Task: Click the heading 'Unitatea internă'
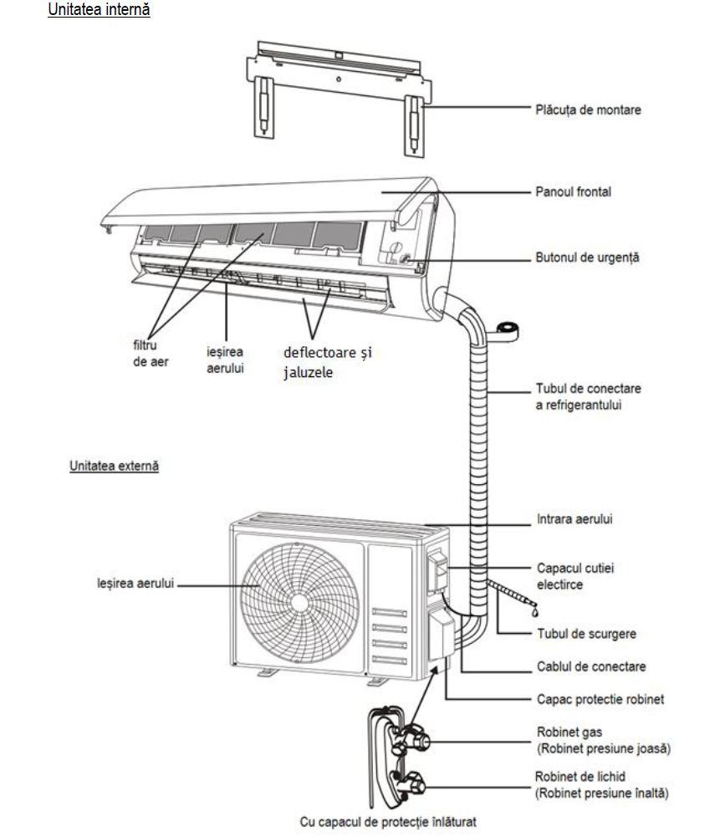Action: [100, 12]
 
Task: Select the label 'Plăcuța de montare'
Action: [588, 110]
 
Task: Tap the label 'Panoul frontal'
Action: [573, 192]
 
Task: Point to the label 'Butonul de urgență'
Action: [587, 258]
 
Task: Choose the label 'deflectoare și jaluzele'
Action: [326, 362]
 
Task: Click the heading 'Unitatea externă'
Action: [115, 466]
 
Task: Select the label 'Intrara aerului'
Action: [574, 519]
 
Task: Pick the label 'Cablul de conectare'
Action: [590, 667]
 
